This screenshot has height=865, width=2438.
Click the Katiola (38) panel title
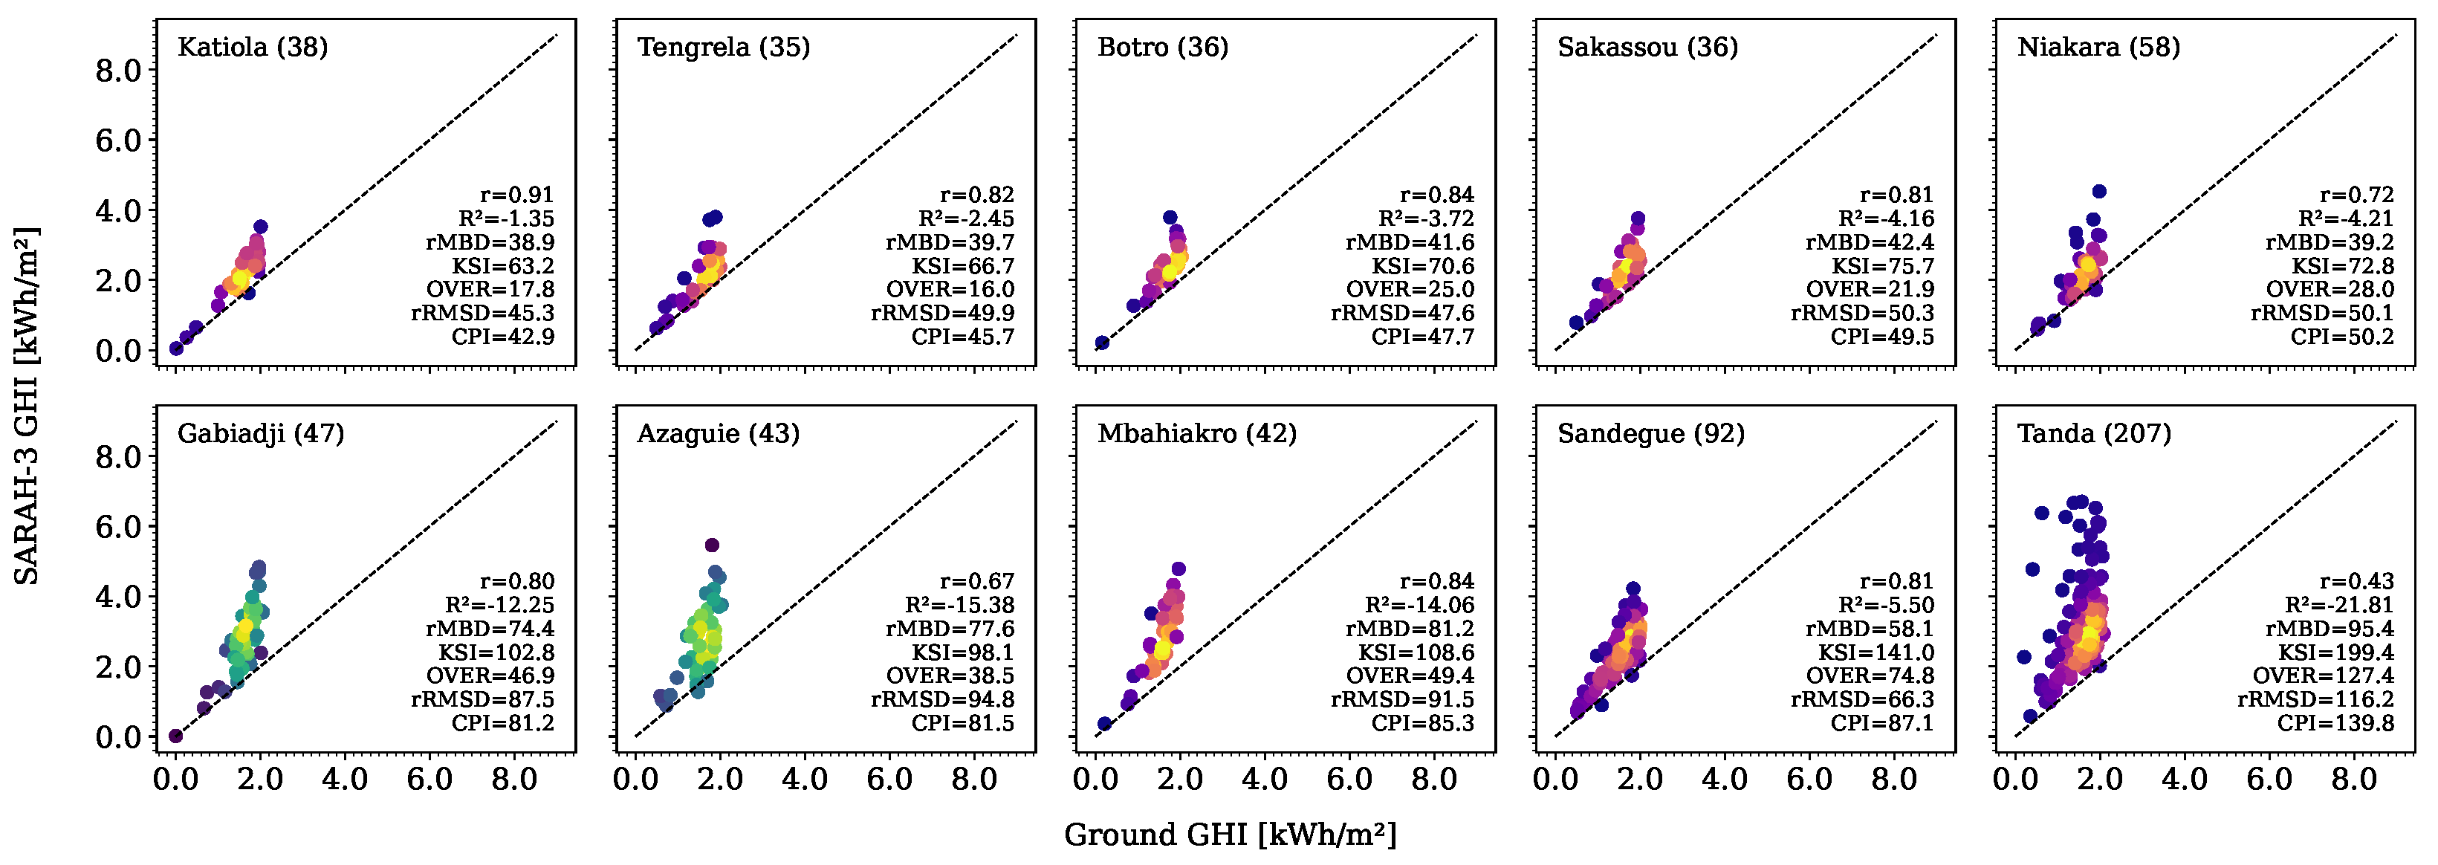[253, 48]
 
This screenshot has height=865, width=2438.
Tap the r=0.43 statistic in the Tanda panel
[2356, 581]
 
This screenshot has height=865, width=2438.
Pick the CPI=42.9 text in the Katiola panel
[502, 337]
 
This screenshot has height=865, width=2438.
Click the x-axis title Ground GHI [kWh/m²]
[1231, 835]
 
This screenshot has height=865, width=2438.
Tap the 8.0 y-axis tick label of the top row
[118, 71]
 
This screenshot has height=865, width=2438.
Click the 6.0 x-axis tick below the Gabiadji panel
[429, 780]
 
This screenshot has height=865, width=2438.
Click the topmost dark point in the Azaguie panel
[712, 545]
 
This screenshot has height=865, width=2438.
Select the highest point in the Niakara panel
[2099, 191]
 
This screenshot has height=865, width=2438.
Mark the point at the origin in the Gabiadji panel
[176, 736]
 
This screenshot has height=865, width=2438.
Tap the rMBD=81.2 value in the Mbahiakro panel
[1410, 629]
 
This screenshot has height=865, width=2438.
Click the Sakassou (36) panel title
[1647, 48]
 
